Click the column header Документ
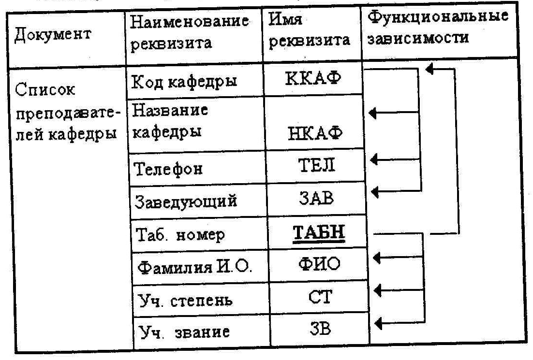(x=53, y=36)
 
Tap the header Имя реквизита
(x=310, y=30)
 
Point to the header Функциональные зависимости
(x=437, y=28)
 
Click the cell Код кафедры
(x=184, y=81)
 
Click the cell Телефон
(x=167, y=169)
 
